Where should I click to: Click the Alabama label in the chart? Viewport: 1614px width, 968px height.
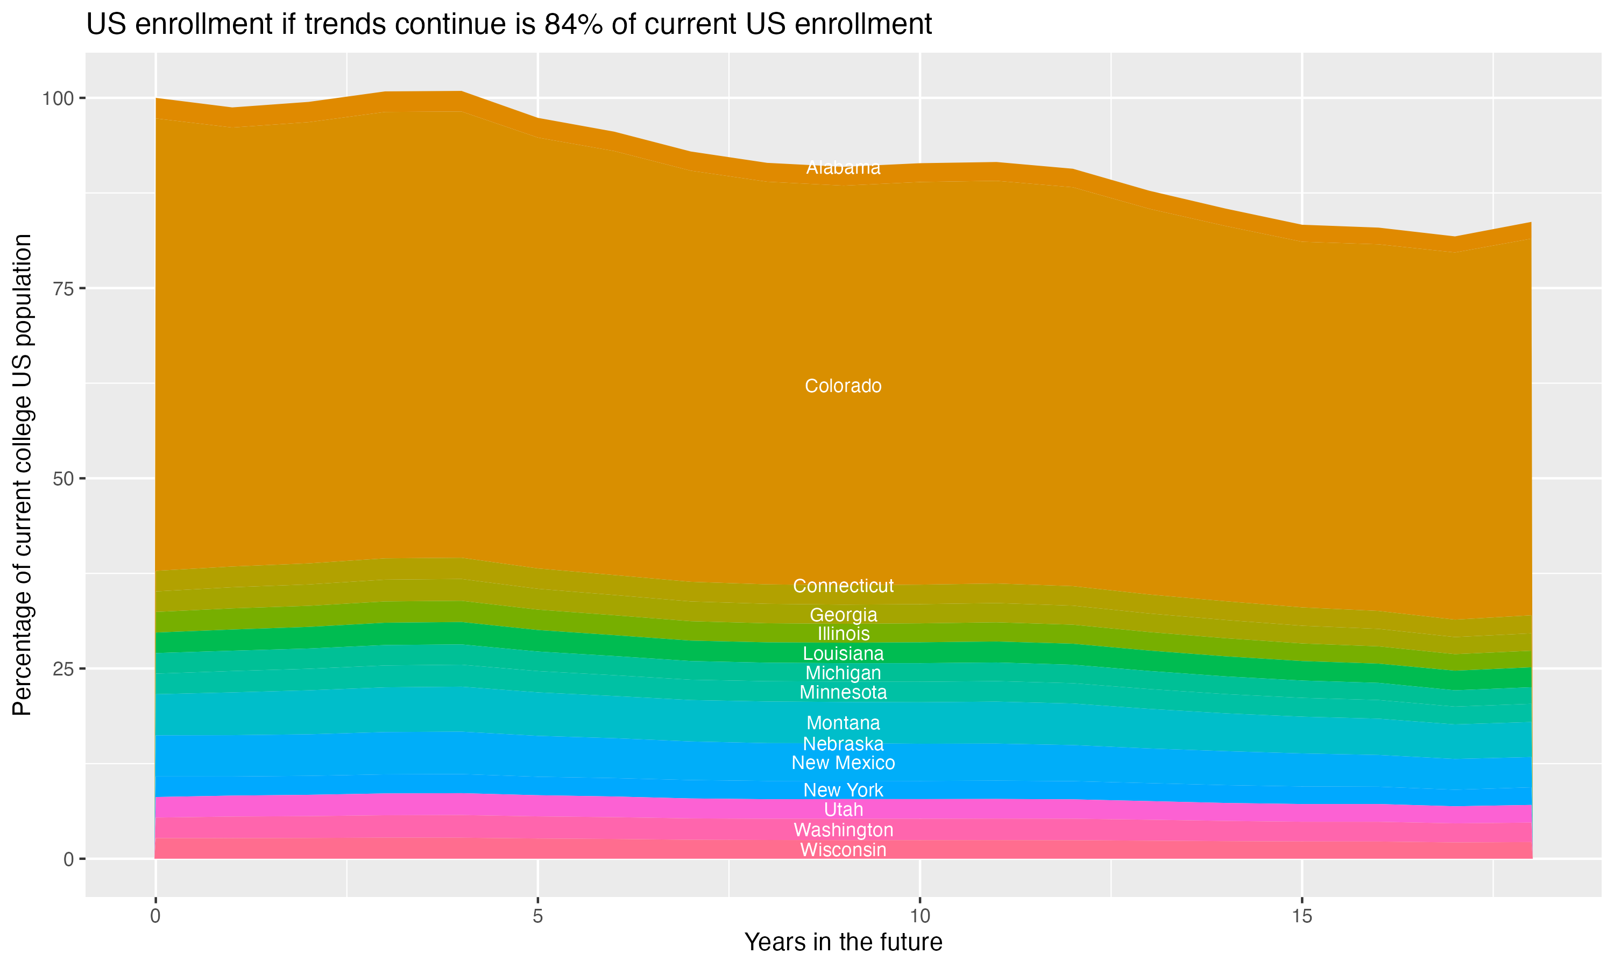[x=843, y=168]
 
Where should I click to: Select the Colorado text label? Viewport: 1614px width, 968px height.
[x=843, y=386]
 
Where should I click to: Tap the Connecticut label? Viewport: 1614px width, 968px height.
[x=843, y=586]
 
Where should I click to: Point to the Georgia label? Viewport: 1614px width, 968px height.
[x=843, y=615]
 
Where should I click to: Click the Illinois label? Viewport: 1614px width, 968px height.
[x=843, y=634]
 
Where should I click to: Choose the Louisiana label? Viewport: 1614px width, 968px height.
[x=843, y=653]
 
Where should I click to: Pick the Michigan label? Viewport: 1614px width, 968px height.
[x=843, y=673]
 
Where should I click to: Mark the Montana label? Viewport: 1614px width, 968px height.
[x=843, y=723]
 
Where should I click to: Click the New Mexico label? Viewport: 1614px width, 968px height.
[x=843, y=763]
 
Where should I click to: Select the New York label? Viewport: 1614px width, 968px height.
[x=843, y=790]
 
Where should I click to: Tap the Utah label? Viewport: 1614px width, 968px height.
[x=843, y=809]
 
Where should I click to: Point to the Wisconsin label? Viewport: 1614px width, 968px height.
[x=843, y=850]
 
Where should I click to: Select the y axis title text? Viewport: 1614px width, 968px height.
[x=22, y=474]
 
